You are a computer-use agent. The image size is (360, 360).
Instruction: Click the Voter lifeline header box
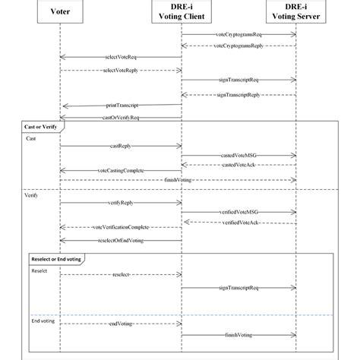pyautogui.click(x=60, y=12)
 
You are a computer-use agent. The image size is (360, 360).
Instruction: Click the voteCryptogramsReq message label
pyautogui.click(x=238, y=35)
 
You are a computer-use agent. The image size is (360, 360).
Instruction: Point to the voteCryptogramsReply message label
pyautogui.click(x=238, y=46)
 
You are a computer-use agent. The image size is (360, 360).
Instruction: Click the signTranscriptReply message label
pyautogui.click(x=238, y=94)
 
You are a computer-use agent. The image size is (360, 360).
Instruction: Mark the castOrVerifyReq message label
pyautogui.click(x=120, y=118)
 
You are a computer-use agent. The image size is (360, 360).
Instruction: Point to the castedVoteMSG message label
pyautogui.click(x=238, y=155)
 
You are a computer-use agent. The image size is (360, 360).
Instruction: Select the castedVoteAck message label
pyautogui.click(x=238, y=164)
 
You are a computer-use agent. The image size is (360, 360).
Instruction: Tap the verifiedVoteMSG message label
pyautogui.click(x=238, y=213)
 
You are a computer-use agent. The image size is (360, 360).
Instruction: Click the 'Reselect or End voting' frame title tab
pyautogui.click(x=58, y=258)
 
